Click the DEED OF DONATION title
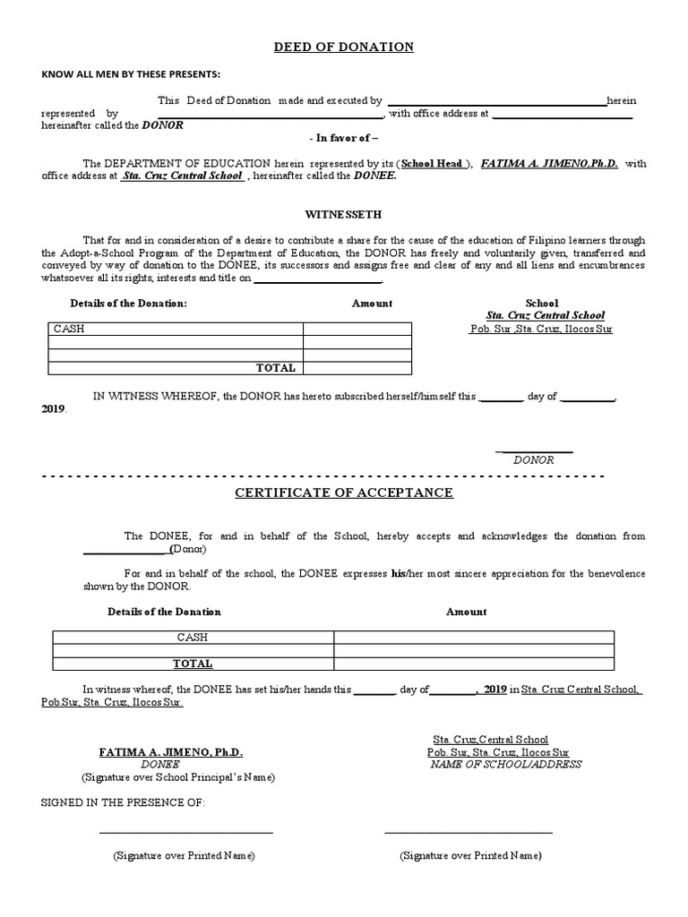[343, 47]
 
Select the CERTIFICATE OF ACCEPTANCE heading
[343, 493]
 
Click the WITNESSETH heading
[343, 215]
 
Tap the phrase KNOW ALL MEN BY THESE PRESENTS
[130, 73]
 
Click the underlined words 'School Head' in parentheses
[432, 164]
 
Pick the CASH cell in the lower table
[192, 637]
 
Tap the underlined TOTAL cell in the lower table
[193, 664]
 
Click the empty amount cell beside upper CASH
[357, 329]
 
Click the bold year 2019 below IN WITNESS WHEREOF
[54, 408]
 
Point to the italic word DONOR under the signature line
[533, 459]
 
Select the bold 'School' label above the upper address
[541, 304]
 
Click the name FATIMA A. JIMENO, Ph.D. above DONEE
[170, 752]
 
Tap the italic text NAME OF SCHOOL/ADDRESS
[505, 765]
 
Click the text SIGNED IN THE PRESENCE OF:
[123, 802]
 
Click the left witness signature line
[185, 833]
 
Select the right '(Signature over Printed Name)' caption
[470, 856]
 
